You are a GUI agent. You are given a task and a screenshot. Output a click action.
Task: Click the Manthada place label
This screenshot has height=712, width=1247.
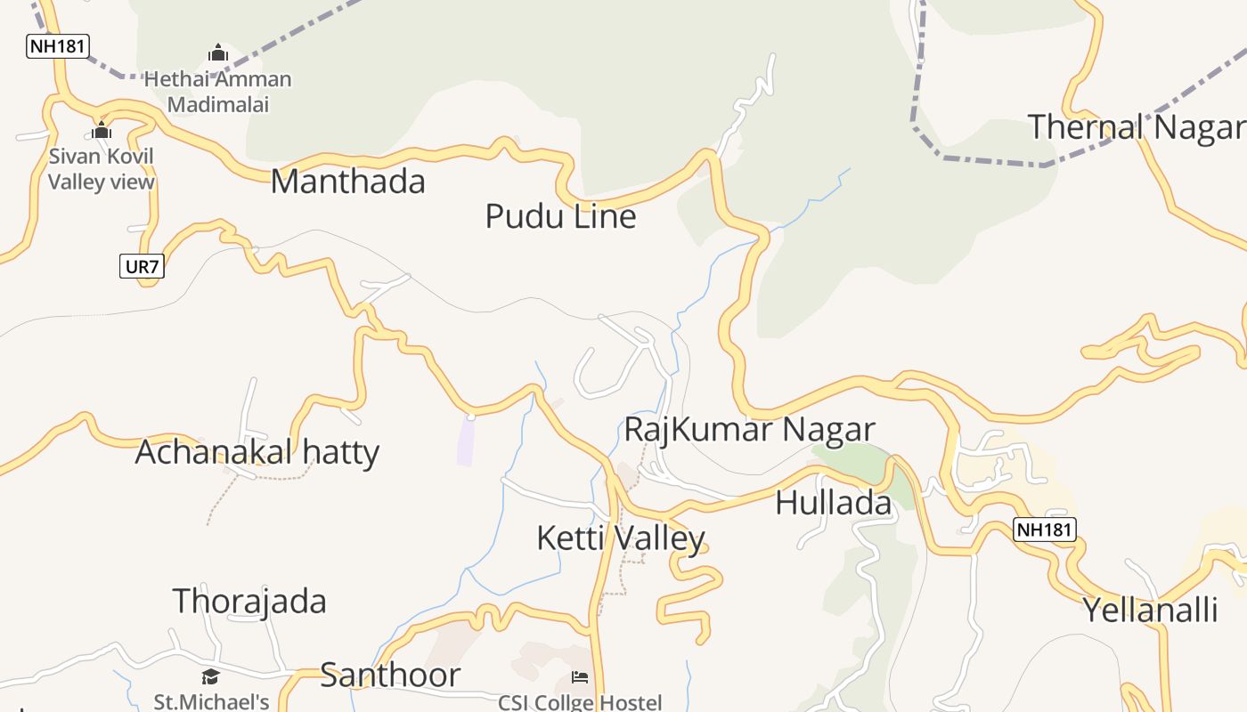347,182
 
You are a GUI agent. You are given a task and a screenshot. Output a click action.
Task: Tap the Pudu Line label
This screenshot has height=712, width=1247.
560,216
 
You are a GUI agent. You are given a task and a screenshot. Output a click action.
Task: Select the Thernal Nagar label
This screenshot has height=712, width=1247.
1137,127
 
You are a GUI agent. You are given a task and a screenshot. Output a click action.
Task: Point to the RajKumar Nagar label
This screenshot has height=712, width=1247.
749,429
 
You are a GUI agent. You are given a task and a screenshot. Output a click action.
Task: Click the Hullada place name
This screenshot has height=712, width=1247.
833,503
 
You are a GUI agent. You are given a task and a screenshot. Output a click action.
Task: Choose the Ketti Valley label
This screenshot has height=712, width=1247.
621,538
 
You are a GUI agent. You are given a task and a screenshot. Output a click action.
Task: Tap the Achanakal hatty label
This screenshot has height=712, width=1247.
257,452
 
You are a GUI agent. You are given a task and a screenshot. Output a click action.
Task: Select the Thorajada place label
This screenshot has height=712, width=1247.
249,602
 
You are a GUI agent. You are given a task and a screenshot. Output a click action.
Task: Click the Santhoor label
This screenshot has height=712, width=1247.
390,676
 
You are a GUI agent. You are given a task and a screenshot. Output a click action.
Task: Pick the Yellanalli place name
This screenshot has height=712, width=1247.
1149,611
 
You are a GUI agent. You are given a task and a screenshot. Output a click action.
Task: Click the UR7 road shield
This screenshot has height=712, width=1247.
142,265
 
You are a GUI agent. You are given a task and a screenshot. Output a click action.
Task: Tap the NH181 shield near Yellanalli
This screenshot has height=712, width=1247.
1045,530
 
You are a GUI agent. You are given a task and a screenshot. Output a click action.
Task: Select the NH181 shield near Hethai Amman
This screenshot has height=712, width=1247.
58,46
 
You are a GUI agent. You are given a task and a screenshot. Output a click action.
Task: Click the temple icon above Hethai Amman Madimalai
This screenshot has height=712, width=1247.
218,53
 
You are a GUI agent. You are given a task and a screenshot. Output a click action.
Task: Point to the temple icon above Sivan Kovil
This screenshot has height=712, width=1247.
102,131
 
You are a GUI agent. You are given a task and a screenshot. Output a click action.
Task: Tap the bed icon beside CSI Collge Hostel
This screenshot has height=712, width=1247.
580,677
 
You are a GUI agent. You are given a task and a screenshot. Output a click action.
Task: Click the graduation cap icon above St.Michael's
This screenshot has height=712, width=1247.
210,676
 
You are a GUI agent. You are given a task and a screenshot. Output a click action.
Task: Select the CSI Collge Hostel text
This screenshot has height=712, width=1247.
580,702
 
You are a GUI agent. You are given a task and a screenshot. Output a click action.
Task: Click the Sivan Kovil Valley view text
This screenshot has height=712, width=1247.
101,169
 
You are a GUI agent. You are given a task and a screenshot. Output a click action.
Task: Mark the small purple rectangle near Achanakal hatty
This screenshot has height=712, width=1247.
465,441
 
